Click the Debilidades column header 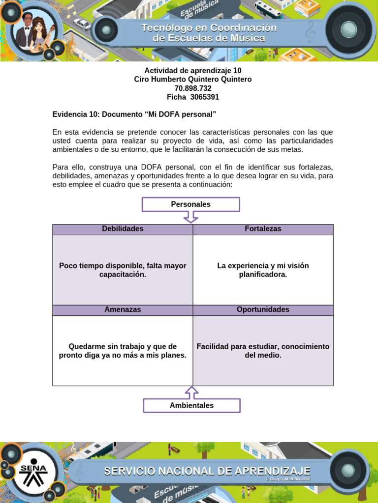(x=123, y=229)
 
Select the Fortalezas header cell (x=263, y=229)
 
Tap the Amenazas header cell (x=123, y=310)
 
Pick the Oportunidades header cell (x=263, y=310)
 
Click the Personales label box (x=190, y=204)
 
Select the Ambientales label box (x=191, y=406)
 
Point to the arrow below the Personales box (x=190, y=217)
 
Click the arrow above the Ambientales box (x=191, y=392)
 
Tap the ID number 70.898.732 (x=193, y=88)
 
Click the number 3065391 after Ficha (x=204, y=97)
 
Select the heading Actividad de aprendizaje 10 (x=193, y=71)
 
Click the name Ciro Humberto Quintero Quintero (x=193, y=80)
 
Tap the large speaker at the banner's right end (x=348, y=29)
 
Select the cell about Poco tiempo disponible (x=123, y=270)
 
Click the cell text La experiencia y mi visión (x=263, y=270)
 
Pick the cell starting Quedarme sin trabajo (x=123, y=351)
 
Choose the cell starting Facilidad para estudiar (x=263, y=351)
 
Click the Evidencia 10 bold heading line (x=134, y=114)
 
